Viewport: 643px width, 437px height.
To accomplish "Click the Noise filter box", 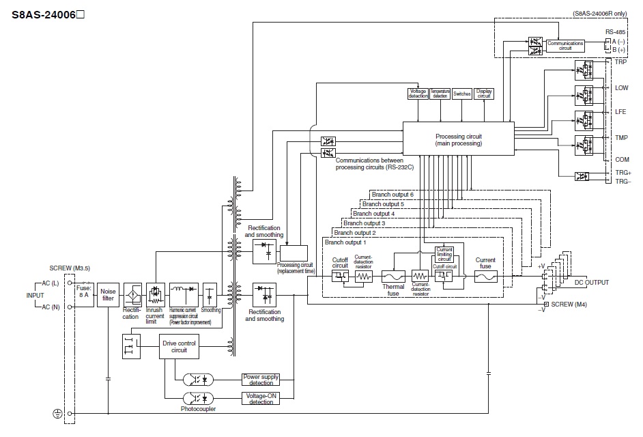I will [x=108, y=294].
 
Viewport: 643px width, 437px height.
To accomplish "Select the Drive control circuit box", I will [x=179, y=348].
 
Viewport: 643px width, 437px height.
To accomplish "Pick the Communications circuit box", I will [x=565, y=44].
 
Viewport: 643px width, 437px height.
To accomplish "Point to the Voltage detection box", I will [x=418, y=94].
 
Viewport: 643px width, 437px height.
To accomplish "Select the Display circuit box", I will [x=484, y=94].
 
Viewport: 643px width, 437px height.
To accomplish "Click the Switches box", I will [x=462, y=94].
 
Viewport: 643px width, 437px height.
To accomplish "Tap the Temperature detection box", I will [x=440, y=94].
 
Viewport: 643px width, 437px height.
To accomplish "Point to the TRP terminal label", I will [x=620, y=61].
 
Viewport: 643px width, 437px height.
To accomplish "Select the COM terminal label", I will [x=621, y=158].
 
